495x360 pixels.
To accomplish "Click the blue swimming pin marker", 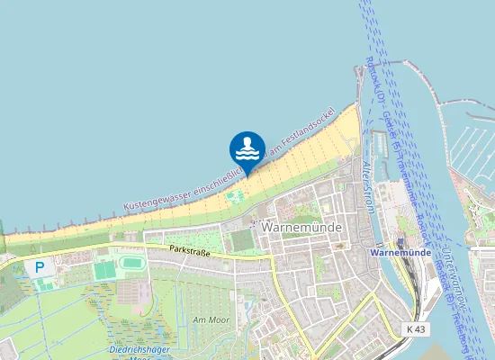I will click(247, 149).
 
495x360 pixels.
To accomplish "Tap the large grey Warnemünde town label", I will click(301, 228).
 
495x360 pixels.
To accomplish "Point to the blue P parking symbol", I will click(40, 267).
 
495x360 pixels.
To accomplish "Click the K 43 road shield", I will click(416, 330).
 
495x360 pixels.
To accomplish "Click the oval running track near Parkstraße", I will click(131, 264).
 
